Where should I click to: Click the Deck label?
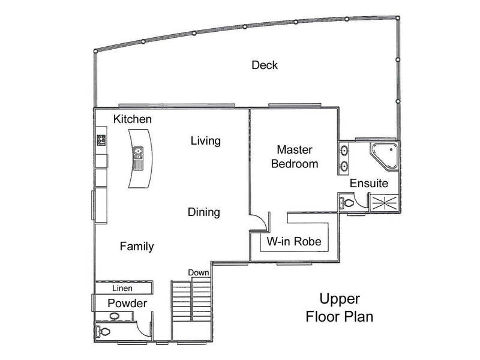pos(265,65)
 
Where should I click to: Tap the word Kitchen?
pos(132,119)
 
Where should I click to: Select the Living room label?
pos(205,141)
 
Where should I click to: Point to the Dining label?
pos(203,212)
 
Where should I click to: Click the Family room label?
pos(137,247)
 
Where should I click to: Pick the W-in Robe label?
pos(294,242)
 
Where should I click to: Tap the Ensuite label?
pos(369,184)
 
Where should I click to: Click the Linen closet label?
pos(122,288)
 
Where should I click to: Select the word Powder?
pos(127,304)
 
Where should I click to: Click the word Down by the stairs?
pos(199,272)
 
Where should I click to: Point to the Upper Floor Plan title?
pos(340,307)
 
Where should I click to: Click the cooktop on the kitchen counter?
pos(101,140)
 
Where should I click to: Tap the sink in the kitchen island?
pos(139,153)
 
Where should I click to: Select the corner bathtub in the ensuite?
pos(385,155)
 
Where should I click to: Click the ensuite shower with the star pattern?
pos(385,203)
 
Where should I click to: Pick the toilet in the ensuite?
pos(346,202)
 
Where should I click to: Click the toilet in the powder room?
pos(103,332)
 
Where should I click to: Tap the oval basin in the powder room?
pos(114,316)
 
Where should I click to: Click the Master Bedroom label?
pos(295,157)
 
